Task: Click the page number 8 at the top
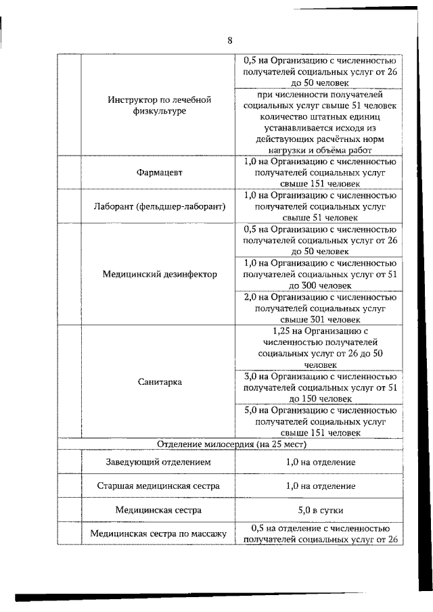pos(229,41)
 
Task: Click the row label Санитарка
pos(158,381)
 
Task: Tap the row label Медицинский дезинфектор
pos(160,274)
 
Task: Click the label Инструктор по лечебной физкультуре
pos(160,105)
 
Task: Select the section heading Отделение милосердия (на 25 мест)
pos(232,444)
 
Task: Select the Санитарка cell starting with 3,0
pos(319,387)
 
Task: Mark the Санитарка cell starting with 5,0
pos(319,421)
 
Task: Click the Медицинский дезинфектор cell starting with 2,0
pos(319,308)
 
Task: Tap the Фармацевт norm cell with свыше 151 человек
pos(319,172)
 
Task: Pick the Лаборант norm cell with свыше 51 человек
pos(319,206)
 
